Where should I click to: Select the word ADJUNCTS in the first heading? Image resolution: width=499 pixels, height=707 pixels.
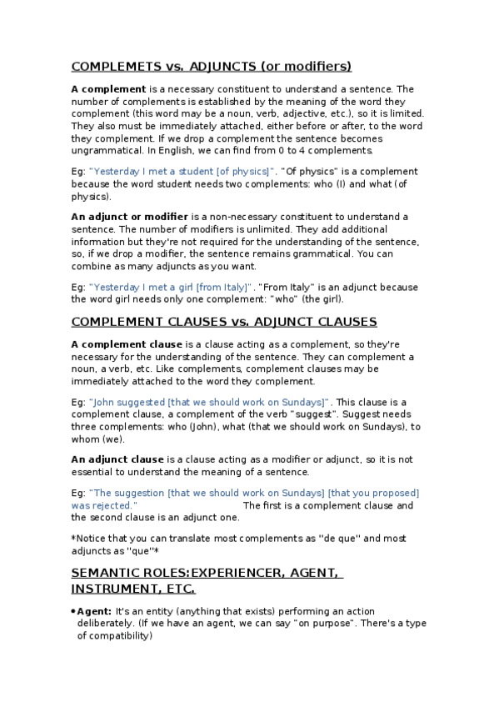pos(226,66)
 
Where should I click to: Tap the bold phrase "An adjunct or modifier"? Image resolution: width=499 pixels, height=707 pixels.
pos(129,217)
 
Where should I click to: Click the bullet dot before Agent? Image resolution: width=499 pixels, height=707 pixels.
pos(73,612)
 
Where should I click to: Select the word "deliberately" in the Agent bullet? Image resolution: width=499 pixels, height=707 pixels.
pos(108,624)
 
